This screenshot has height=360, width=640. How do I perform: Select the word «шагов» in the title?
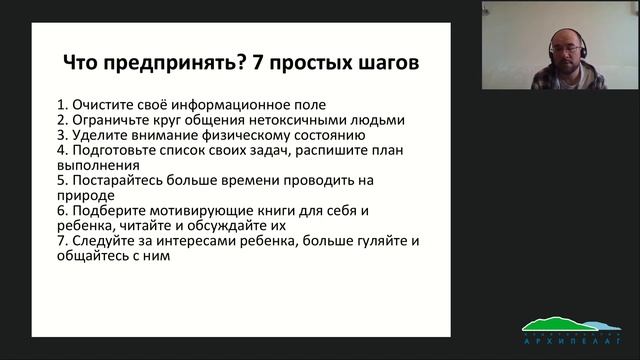coord(384,64)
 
